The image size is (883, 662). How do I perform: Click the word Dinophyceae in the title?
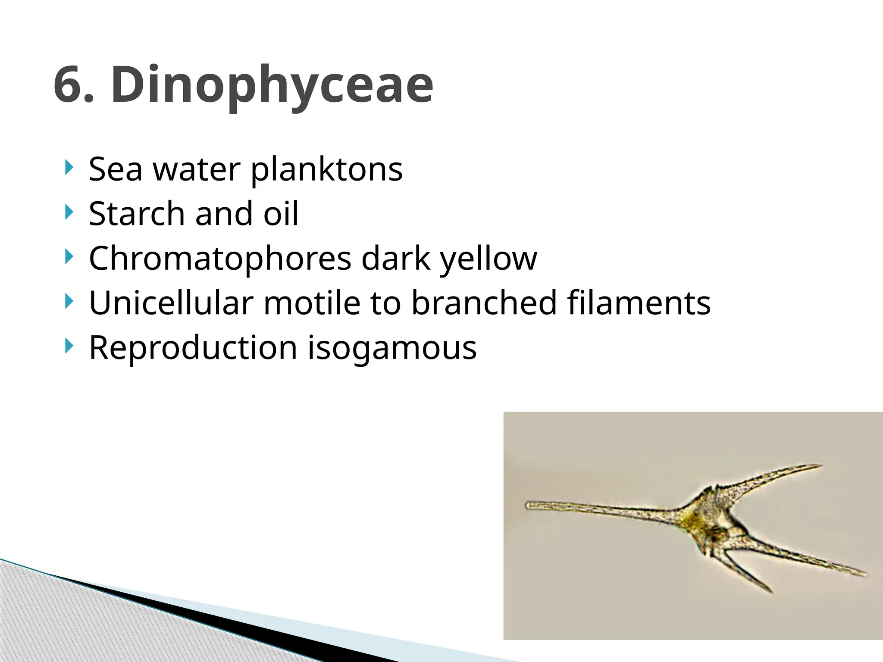click(272, 85)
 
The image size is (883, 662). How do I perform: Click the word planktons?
click(326, 169)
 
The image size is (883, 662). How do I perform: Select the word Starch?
click(137, 214)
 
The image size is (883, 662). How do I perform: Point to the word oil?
click(281, 214)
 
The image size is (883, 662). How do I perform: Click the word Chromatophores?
click(220, 259)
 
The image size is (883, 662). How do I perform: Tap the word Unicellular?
click(171, 303)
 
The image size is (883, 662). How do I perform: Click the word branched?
click(484, 303)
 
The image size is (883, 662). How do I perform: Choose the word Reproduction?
click(193, 348)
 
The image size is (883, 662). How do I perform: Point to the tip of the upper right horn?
click(820, 466)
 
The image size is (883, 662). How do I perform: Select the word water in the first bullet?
click(197, 169)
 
